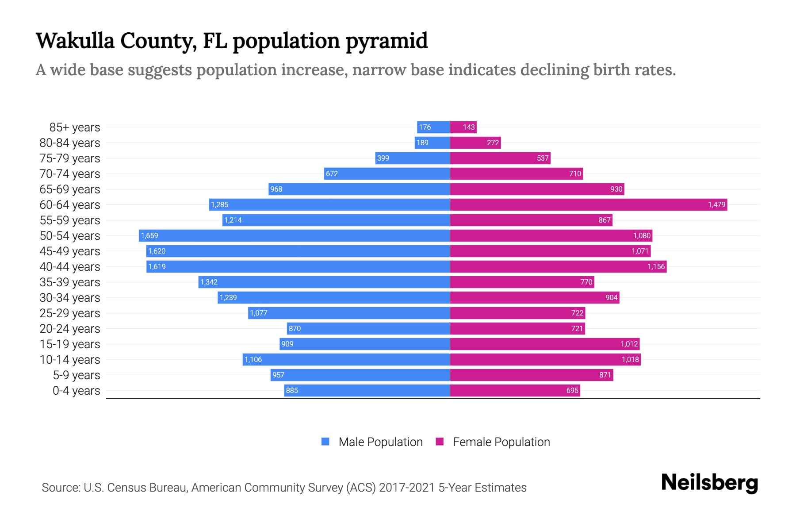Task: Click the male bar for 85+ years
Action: click(x=433, y=127)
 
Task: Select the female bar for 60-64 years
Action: click(x=588, y=205)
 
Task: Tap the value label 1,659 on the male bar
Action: click(x=149, y=236)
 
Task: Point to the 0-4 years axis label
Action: click(x=76, y=391)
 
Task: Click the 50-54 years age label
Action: click(x=70, y=236)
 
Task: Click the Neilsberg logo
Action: click(x=709, y=483)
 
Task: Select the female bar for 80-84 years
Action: click(x=475, y=143)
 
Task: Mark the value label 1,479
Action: click(x=716, y=205)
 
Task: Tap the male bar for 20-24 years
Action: click(x=368, y=329)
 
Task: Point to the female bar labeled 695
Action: click(x=515, y=391)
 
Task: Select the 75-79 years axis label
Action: click(x=70, y=158)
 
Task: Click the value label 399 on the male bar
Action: click(x=383, y=158)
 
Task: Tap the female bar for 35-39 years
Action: click(x=522, y=282)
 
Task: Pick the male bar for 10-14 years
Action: click(x=346, y=360)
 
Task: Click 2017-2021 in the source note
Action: click(x=407, y=488)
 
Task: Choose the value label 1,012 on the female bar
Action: click(x=629, y=344)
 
